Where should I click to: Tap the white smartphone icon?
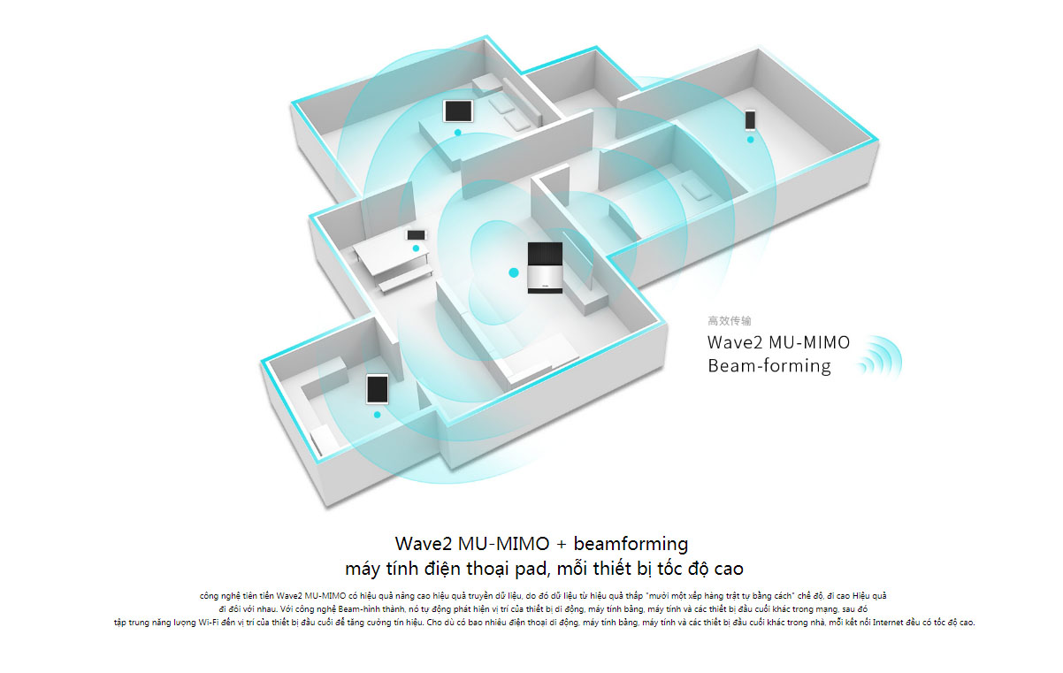pyautogui.click(x=750, y=119)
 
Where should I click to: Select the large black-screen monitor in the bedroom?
pyautogui.click(x=458, y=111)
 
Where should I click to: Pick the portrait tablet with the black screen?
pyautogui.click(x=378, y=389)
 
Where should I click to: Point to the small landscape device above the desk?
pyautogui.click(x=416, y=235)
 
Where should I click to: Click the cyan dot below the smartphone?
pyautogui.click(x=750, y=139)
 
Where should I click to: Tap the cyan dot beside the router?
pyautogui.click(x=513, y=272)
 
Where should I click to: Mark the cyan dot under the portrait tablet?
pyautogui.click(x=378, y=414)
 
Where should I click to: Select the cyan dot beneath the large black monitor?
pyautogui.click(x=457, y=133)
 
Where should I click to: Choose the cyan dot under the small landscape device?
pyautogui.click(x=416, y=249)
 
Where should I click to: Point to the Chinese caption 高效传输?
pyautogui.click(x=730, y=321)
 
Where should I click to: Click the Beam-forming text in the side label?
pyautogui.click(x=769, y=366)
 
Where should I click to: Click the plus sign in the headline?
pyautogui.click(x=560, y=543)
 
